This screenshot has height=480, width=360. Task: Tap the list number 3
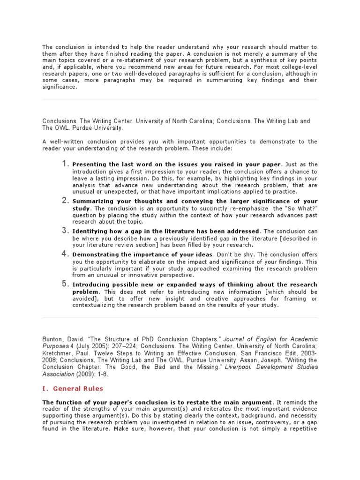pyautogui.click(x=65, y=231)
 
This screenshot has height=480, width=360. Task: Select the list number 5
pyautogui.click(x=65, y=284)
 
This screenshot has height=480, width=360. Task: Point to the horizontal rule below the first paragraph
pyautogui.click(x=180, y=99)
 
